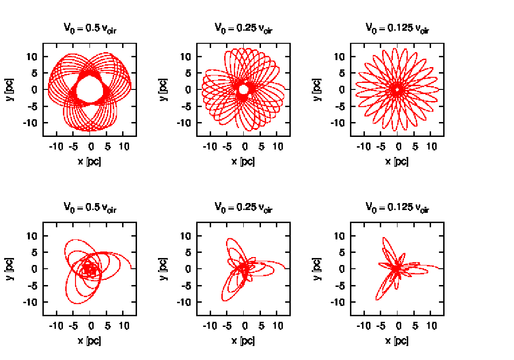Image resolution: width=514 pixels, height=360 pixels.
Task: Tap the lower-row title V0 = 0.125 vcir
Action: click(397, 207)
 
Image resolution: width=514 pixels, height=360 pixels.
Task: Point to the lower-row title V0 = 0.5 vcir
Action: click(90, 207)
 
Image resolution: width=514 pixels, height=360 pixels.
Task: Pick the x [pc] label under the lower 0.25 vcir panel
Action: click(244, 340)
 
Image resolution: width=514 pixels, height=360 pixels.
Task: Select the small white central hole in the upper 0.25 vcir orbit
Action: click(243, 88)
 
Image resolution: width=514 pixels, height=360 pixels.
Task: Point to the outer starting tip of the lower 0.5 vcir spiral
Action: click(131, 268)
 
